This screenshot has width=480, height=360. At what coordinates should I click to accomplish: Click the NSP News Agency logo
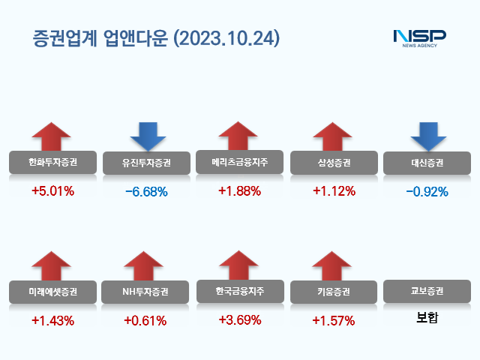click(x=419, y=37)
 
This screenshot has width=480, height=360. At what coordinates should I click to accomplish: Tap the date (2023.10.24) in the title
click(x=225, y=37)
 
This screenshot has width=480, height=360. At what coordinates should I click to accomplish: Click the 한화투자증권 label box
click(x=52, y=163)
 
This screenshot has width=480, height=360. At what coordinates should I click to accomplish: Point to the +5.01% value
click(x=52, y=190)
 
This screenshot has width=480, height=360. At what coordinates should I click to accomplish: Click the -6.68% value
click(x=146, y=191)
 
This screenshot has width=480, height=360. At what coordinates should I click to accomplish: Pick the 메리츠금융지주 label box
click(x=239, y=162)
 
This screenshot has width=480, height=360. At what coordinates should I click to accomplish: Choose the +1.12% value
click(x=333, y=191)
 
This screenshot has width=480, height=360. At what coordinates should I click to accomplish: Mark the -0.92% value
click(x=427, y=191)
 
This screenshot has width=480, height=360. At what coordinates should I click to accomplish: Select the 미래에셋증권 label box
click(x=52, y=292)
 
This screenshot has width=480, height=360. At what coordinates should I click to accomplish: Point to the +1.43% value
click(x=52, y=320)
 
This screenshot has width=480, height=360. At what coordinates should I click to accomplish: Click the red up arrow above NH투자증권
click(x=143, y=267)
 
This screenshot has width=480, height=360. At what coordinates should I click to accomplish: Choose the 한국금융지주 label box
click(x=239, y=291)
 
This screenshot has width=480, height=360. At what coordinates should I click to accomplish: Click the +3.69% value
click(x=239, y=320)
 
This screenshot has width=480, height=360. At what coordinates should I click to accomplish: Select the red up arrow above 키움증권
click(x=332, y=267)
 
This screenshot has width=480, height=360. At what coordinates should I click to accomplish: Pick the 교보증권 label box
click(x=427, y=291)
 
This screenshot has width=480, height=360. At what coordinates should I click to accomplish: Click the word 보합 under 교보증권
click(x=427, y=318)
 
